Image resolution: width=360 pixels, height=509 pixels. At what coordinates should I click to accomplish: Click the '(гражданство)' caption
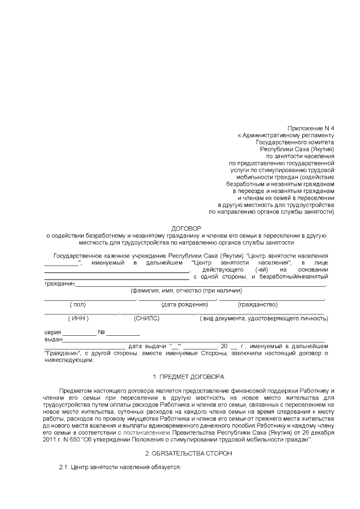pyautogui.click(x=258, y=304)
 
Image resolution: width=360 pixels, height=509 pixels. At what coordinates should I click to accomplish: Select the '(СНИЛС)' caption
pyautogui.click(x=147, y=318)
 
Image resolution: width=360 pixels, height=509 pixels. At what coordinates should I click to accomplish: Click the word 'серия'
pyautogui.click(x=53, y=332)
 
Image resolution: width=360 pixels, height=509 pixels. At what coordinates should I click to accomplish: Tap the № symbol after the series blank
pyautogui.click(x=102, y=332)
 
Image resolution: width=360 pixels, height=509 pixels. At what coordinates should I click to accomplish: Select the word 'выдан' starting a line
pyautogui.click(x=53, y=339)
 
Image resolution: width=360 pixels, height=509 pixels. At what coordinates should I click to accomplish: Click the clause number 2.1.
pyautogui.click(x=65, y=467)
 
